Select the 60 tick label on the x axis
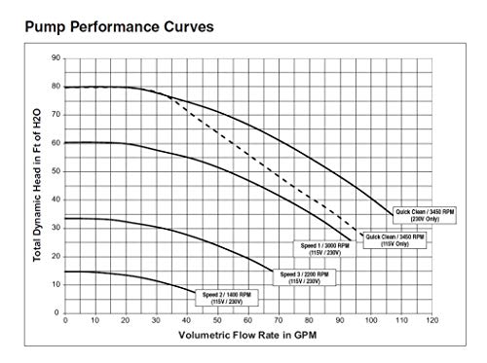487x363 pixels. [248, 321]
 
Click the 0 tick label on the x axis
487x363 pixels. [65, 321]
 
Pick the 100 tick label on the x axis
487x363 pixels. [370, 321]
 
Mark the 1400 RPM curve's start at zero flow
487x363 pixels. [66, 272]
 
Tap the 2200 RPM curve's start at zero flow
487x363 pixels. [66, 218]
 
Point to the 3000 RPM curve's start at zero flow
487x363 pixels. [66, 143]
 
